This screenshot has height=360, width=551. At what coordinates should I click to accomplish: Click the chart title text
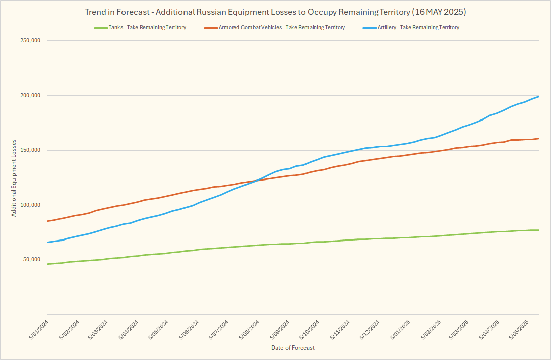275,11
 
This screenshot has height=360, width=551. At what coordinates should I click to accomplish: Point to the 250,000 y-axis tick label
28,41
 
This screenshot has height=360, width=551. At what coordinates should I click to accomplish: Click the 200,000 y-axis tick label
28,96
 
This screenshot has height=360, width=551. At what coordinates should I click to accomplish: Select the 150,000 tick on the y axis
28,150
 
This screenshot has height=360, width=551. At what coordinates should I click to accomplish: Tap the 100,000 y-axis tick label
28,205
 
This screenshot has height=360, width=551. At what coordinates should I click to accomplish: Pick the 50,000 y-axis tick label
30,260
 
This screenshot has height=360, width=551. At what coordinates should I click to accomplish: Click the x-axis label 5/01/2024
39,329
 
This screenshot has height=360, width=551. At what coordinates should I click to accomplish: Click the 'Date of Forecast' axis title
292,348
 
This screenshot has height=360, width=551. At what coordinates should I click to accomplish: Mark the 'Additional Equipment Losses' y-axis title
14,178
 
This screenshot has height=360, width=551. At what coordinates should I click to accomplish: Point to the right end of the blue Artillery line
539,96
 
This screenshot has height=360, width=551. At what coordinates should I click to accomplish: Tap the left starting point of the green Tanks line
47,264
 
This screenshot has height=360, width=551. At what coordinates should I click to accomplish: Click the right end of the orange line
539,138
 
